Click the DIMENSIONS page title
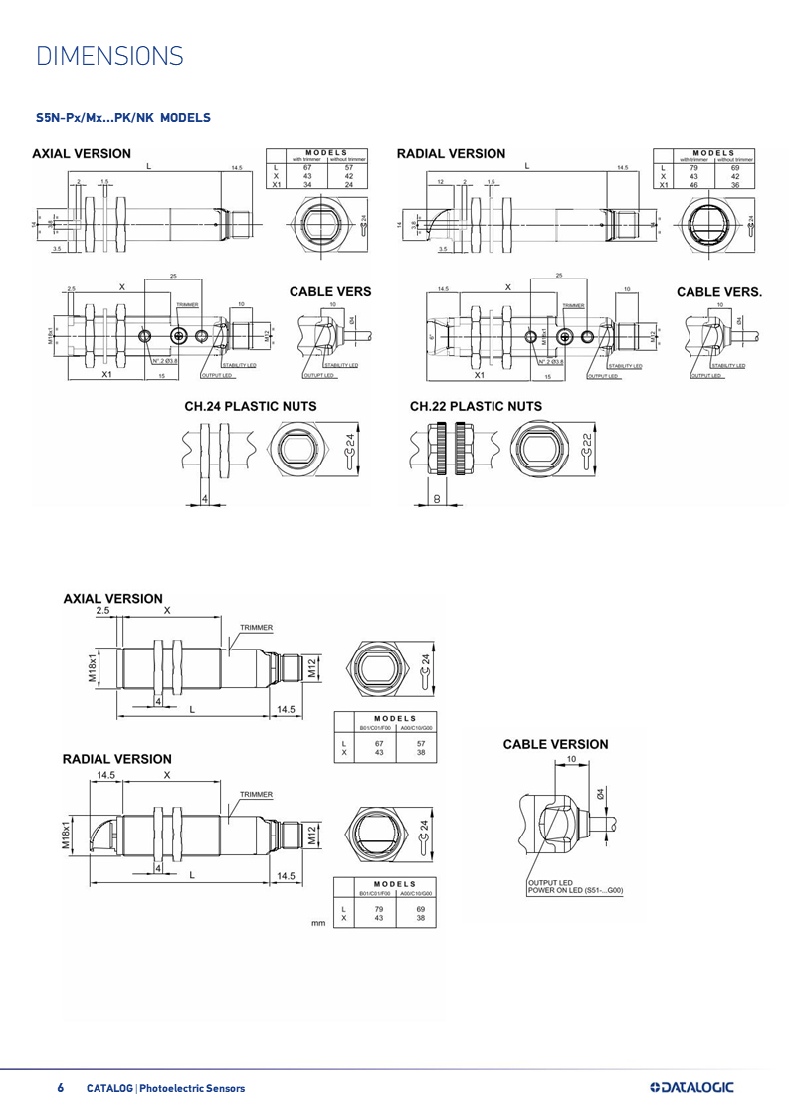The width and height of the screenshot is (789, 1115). [x=108, y=55]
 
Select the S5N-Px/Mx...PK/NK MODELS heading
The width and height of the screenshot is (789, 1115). [x=122, y=117]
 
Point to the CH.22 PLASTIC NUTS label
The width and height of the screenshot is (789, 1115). [x=476, y=405]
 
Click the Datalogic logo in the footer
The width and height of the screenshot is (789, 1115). [x=690, y=1087]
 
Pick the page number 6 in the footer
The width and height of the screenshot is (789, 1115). [x=60, y=1088]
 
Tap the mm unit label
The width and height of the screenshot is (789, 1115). [x=319, y=923]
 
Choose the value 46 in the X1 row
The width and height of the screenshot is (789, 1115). [x=693, y=185]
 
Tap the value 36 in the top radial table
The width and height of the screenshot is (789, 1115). [x=735, y=185]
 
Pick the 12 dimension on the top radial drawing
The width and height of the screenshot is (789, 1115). [x=439, y=182]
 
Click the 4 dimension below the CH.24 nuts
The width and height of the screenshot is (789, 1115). [x=205, y=497]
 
